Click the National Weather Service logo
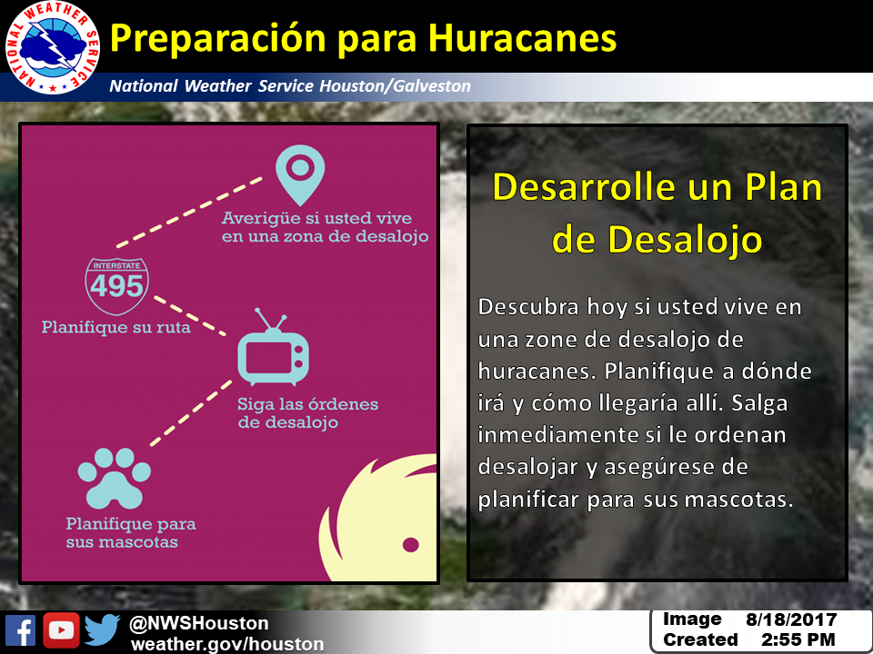53,47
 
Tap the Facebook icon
21,630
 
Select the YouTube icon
61,630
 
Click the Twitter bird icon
103,629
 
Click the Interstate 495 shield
117,286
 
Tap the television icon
273,348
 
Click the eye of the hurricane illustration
411,544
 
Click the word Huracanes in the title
522,38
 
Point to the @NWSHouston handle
199,623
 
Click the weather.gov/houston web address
227,644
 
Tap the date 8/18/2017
791,619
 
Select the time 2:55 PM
798,639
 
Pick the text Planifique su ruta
115,327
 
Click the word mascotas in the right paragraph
738,499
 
